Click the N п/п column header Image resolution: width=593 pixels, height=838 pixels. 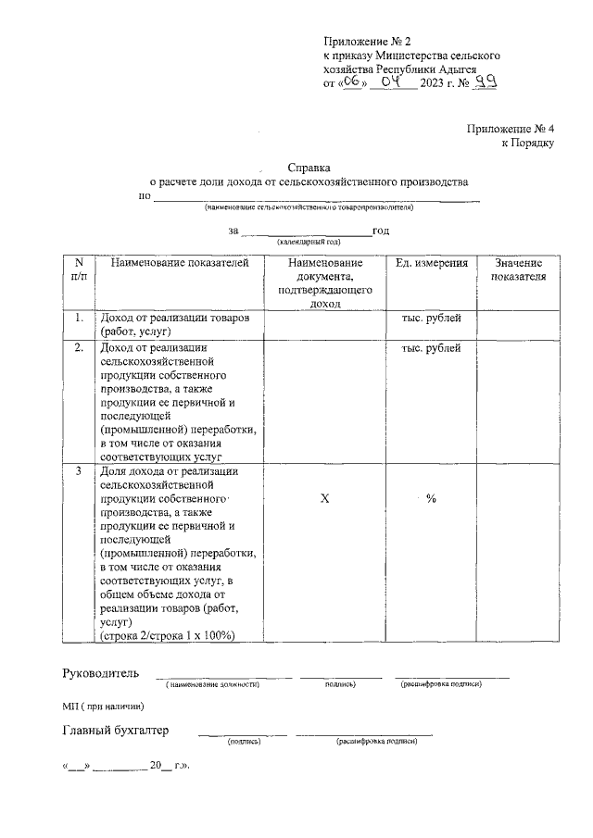(x=79, y=269)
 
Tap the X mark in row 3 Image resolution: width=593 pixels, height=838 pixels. (x=324, y=499)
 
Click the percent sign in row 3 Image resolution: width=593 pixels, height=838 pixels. (x=431, y=499)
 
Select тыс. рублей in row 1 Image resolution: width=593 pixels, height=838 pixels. (x=431, y=319)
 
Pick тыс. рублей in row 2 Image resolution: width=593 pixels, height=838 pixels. (x=431, y=348)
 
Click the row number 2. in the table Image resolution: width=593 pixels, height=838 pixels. (x=79, y=348)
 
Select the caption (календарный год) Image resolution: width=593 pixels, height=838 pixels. (x=307, y=241)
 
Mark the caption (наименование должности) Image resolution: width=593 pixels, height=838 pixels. (x=212, y=684)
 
